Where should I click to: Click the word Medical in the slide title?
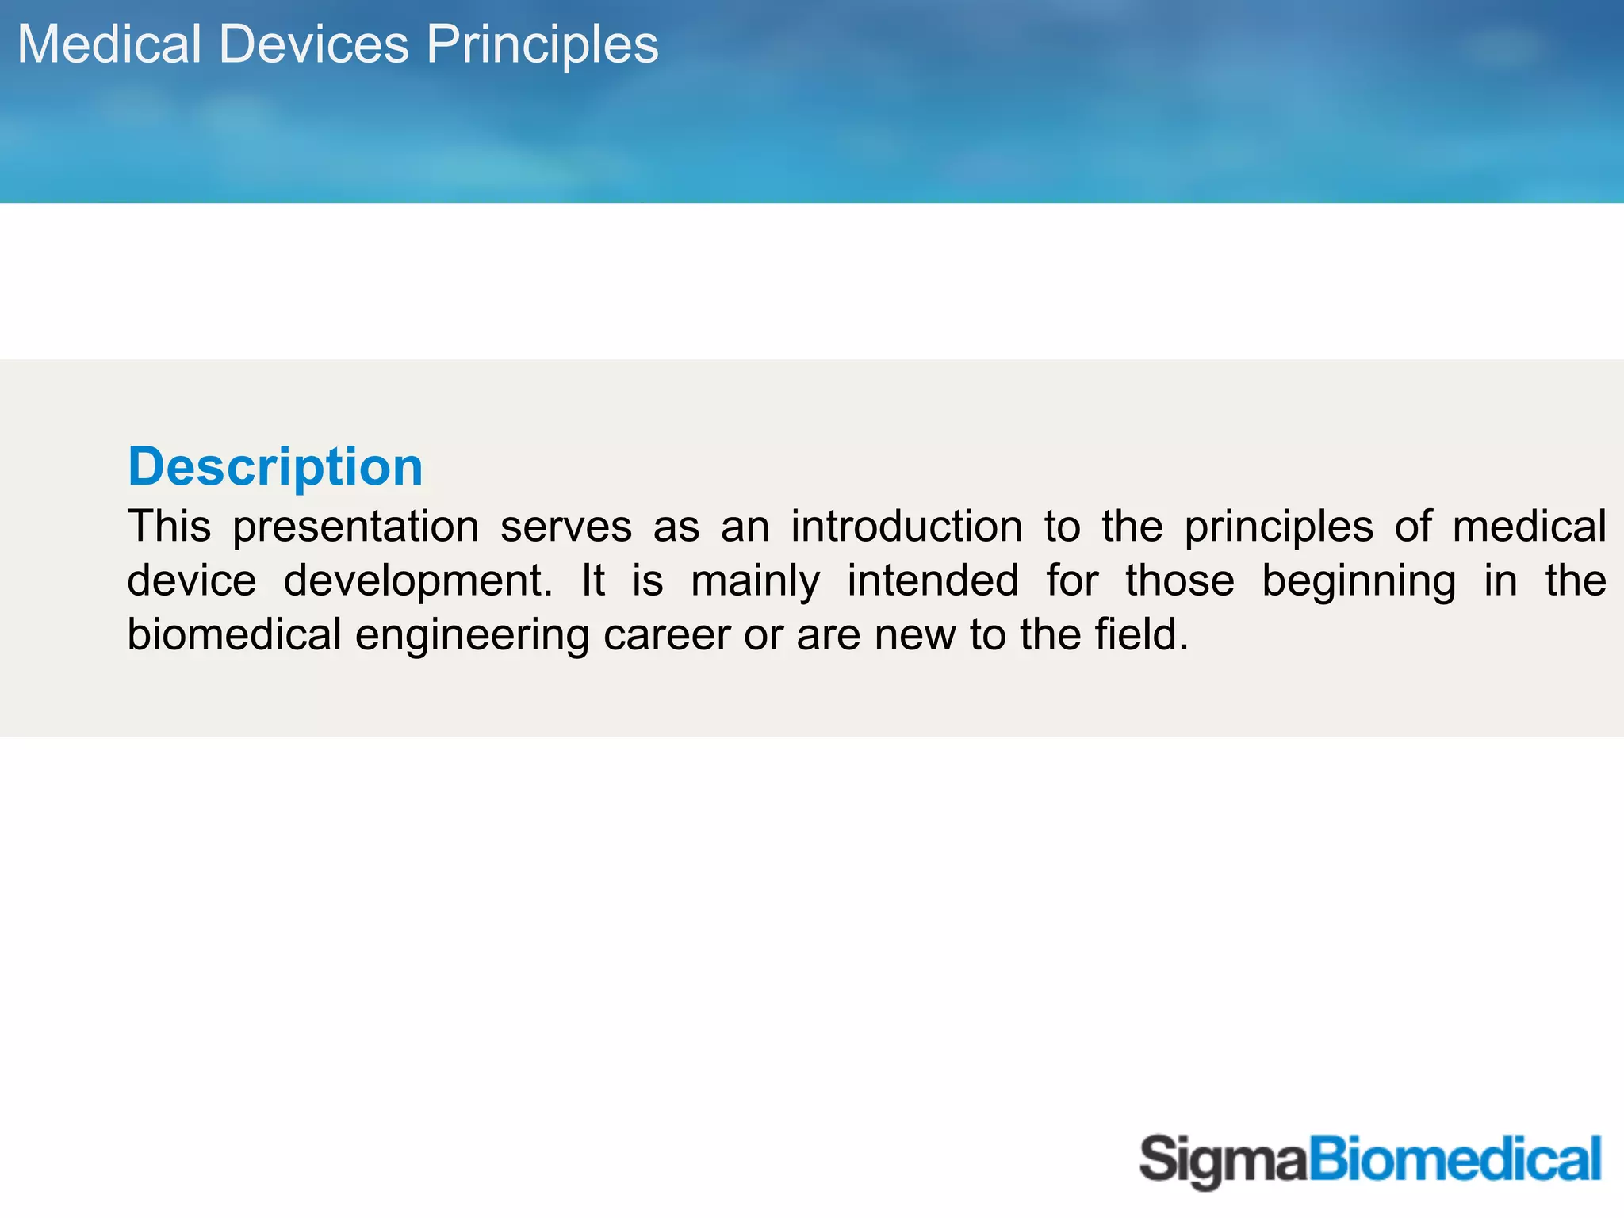point(109,44)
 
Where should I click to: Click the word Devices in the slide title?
point(313,44)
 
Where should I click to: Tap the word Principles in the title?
point(542,44)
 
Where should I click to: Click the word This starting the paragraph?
point(169,527)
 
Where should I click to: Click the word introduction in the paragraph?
point(906,527)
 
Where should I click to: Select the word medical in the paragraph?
point(1529,527)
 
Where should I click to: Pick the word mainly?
point(755,582)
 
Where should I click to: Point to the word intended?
point(933,580)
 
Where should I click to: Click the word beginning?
point(1358,582)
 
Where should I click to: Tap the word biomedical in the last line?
point(235,634)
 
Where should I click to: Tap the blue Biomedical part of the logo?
point(1454,1159)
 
